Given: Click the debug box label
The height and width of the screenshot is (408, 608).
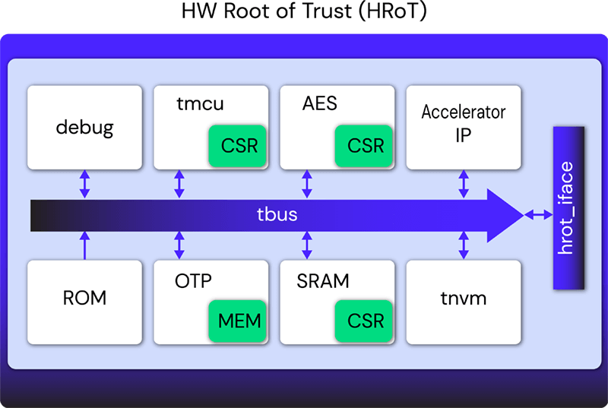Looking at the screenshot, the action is coord(84,128).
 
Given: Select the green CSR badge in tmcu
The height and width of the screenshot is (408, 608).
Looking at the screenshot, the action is coord(238,146).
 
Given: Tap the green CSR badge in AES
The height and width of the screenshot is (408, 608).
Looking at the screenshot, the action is coord(364,146).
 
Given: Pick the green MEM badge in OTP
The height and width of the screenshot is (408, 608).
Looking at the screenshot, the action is coord(238,321).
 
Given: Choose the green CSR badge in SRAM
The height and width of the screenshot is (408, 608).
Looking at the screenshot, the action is coord(364,321).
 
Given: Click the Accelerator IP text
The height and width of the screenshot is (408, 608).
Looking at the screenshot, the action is coord(464,123).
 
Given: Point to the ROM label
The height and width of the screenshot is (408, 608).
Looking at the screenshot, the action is coord(84,298).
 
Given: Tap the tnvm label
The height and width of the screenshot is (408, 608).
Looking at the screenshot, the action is coord(464,299).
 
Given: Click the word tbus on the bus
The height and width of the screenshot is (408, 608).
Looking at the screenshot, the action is coord(277,214).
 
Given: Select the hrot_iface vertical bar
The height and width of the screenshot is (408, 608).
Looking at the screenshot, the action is coord(568,207).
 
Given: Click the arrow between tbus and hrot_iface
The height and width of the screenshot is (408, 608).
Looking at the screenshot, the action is coord(539,214).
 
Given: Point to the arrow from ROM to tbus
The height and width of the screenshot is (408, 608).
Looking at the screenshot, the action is coord(84,245).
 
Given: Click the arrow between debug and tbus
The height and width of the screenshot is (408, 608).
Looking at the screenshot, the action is coord(84,184).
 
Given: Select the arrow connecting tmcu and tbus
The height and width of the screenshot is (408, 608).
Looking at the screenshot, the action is coord(179,184).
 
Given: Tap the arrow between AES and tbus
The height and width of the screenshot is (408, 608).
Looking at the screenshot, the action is coord(307,184).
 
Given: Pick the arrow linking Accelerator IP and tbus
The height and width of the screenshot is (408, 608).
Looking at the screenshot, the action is coord(464,184).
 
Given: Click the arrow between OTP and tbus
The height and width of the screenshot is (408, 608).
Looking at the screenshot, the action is coord(179,245).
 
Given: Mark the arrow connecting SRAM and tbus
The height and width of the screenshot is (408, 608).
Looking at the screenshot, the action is coord(307,245).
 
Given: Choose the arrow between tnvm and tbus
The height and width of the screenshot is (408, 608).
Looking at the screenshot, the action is coord(464,245).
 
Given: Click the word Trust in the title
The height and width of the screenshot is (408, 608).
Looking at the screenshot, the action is coord(327,11).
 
